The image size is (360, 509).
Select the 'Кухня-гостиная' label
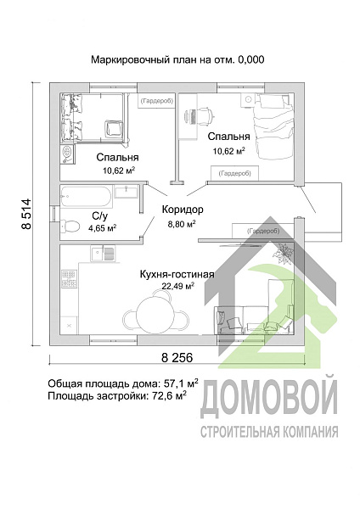177,274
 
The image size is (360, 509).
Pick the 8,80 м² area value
181,224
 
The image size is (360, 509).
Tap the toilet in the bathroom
70,225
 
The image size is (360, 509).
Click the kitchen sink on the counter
103,251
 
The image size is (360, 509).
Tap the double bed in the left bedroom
93,118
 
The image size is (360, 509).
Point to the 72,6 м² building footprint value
169,395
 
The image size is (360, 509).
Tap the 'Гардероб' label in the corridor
262,230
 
